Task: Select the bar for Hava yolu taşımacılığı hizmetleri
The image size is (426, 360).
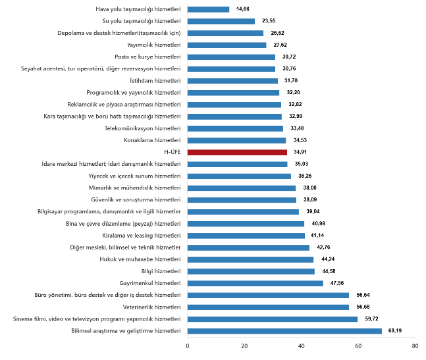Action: coord(208,9)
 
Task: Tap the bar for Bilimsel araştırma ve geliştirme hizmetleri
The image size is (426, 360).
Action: coord(284,330)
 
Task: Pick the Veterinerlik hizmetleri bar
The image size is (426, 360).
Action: coord(268,307)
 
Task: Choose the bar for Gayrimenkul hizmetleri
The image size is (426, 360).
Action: coord(255,283)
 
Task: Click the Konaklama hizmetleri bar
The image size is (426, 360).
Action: coord(236,140)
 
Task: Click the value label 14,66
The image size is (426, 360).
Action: coord(243,9)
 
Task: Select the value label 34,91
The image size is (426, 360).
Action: coord(300,152)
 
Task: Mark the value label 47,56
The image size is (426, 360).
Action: coord(336,283)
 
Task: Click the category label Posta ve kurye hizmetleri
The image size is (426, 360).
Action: coord(147,57)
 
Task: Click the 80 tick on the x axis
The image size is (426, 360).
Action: coord(415,346)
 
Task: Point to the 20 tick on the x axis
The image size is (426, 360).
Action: coord(244,346)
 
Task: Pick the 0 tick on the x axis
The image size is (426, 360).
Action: coord(188,346)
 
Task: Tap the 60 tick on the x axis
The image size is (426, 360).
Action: coord(358,346)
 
